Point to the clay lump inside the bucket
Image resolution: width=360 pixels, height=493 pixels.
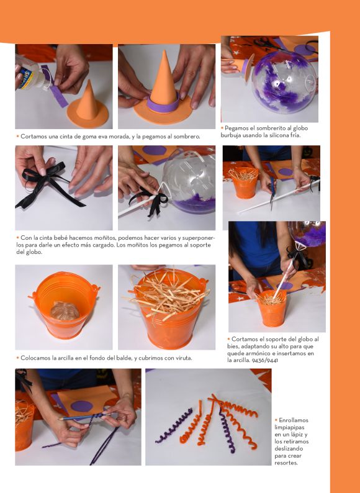click(x=65, y=310)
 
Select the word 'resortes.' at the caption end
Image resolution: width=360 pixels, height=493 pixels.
click(x=286, y=463)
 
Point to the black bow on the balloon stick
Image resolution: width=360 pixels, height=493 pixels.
click(x=151, y=201)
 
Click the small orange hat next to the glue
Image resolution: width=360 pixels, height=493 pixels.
click(x=88, y=106)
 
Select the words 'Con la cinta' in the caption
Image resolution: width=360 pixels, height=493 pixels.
click(x=36, y=238)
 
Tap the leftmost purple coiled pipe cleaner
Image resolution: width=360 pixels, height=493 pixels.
click(x=174, y=426)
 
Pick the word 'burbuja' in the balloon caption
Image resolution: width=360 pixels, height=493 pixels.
click(x=230, y=135)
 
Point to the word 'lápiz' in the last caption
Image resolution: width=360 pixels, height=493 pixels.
click(x=302, y=435)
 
